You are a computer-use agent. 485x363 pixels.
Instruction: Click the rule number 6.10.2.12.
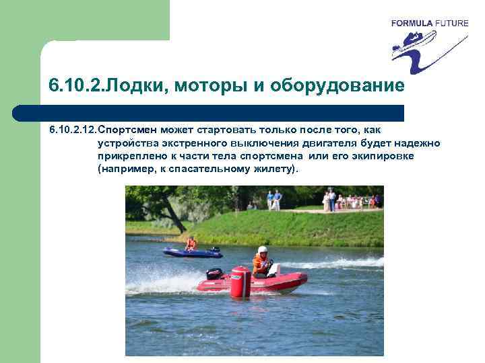pos(72,128)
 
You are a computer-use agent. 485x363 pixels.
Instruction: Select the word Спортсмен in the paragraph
pos(123,128)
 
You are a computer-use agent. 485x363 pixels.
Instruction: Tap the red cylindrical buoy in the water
pos(240,282)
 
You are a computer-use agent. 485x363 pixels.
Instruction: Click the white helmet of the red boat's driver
pos(262,250)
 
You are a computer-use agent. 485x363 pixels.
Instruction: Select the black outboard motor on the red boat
pos(214,274)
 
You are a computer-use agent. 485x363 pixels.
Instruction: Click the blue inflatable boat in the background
pos(193,253)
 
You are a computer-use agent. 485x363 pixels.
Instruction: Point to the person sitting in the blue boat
pos(191,243)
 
